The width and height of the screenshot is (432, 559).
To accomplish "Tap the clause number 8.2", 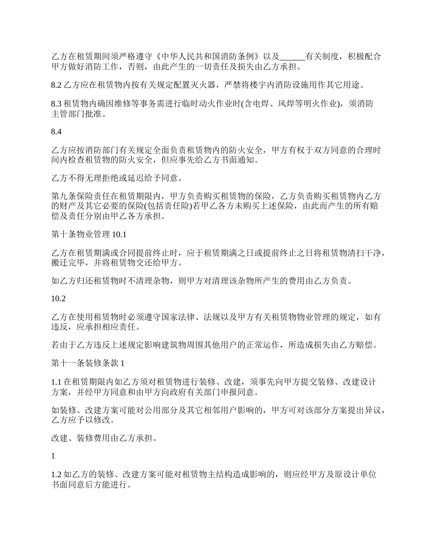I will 57,85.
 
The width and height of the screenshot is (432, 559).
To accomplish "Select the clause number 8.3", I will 57,104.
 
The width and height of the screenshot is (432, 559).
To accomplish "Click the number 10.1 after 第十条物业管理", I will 118,235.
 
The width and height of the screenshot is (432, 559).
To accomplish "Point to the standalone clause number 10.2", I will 59,299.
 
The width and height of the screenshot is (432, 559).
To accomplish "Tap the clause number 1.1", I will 57,382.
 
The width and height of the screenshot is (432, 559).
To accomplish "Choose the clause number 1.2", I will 57,475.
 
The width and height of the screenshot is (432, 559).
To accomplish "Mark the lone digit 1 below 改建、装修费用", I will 54,456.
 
